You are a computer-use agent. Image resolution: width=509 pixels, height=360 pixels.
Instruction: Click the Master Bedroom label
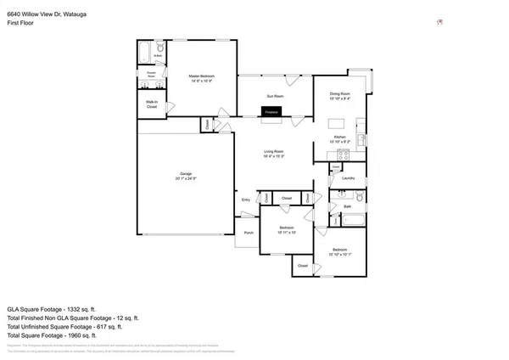click(200, 79)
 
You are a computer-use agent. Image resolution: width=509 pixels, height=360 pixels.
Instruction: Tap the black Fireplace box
click(271, 112)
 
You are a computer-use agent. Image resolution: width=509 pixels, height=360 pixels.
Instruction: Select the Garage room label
click(186, 176)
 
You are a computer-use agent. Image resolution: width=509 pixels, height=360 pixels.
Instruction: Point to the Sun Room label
click(273, 98)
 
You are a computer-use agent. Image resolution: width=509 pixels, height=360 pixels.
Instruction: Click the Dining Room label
click(340, 95)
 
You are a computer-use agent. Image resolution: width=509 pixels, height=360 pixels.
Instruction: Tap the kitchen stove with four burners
click(344, 155)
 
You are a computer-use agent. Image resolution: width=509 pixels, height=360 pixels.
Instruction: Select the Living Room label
click(273, 153)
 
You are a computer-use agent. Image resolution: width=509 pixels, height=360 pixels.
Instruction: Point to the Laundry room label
click(348, 178)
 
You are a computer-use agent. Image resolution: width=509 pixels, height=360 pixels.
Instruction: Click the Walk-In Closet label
click(152, 106)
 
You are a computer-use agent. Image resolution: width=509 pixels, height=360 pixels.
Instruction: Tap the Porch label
click(249, 232)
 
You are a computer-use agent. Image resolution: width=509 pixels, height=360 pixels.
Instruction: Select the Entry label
click(246, 200)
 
